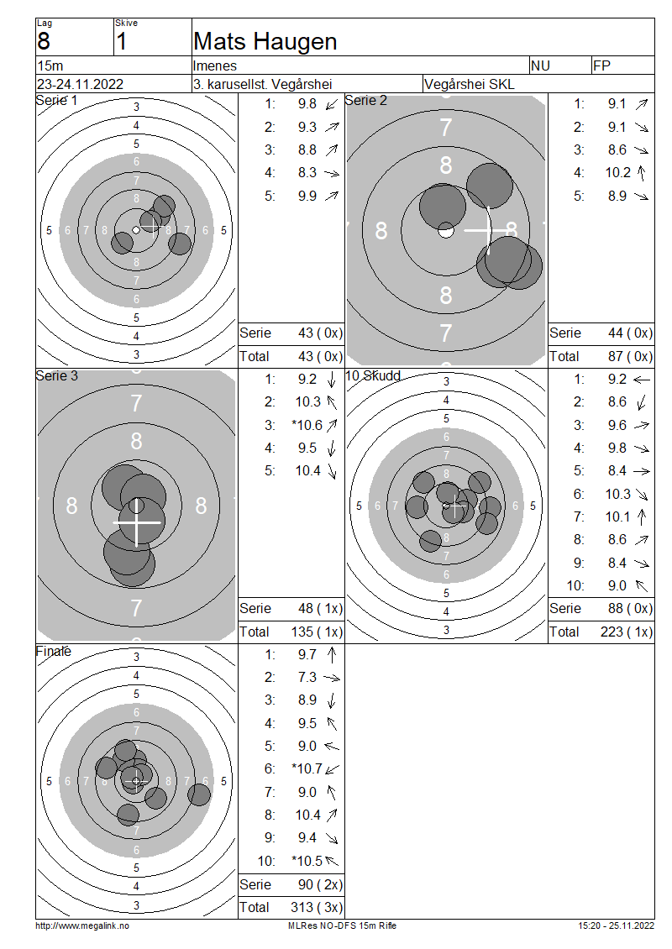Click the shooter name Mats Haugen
point(265,42)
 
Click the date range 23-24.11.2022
point(80,84)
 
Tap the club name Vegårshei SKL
point(469,84)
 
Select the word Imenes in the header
point(215,66)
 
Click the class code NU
point(540,66)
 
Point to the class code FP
point(601,66)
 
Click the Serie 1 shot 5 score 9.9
point(307,196)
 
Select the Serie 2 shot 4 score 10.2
point(617,173)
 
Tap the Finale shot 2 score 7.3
point(307,677)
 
